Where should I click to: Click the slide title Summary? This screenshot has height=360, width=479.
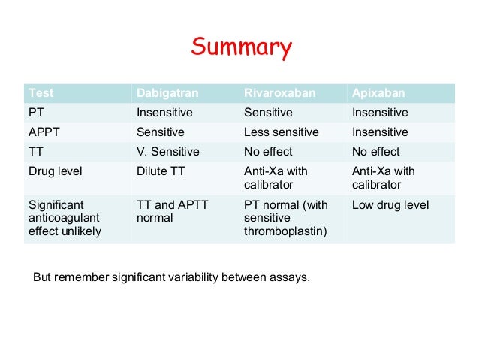point(240,48)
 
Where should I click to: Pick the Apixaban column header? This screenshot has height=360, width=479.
point(378,93)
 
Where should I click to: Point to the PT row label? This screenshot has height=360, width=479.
point(35,113)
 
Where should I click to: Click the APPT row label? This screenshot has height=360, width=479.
point(42,132)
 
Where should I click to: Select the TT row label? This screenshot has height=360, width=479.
point(35,151)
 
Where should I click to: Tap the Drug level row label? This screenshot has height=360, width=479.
point(55,171)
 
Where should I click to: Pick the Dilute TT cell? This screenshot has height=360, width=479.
point(161,171)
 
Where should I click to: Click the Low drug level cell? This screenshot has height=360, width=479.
point(390,204)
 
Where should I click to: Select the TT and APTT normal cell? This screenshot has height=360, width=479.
point(172,211)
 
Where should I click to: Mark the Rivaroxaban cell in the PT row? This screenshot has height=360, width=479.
point(268,113)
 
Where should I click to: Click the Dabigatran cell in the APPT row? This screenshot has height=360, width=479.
point(161,132)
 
